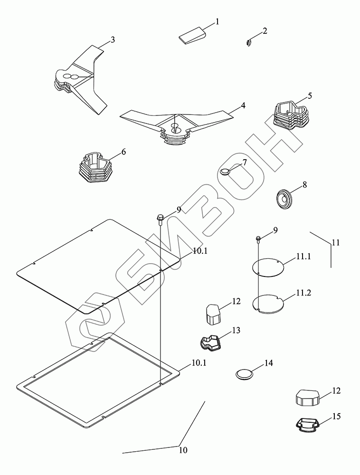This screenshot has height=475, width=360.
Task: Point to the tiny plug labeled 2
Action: [x=249, y=43]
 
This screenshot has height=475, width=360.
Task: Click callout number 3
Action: [x=113, y=40]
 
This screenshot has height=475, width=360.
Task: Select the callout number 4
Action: [x=243, y=105]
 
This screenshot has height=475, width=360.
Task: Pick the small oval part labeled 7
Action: [x=226, y=171]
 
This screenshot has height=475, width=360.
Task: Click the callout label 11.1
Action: [x=303, y=256]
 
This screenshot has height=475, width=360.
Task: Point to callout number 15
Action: [x=336, y=416]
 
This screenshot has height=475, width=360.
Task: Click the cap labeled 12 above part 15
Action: [x=307, y=397]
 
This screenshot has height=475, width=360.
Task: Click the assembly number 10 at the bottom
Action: [x=183, y=449]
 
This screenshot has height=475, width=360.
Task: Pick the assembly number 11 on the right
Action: [x=336, y=242]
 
